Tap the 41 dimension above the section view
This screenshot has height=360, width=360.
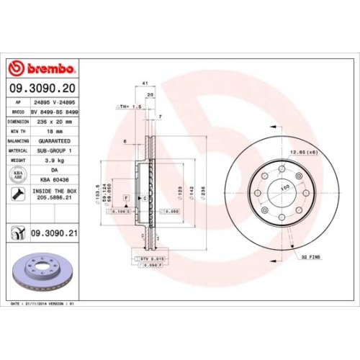145,84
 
